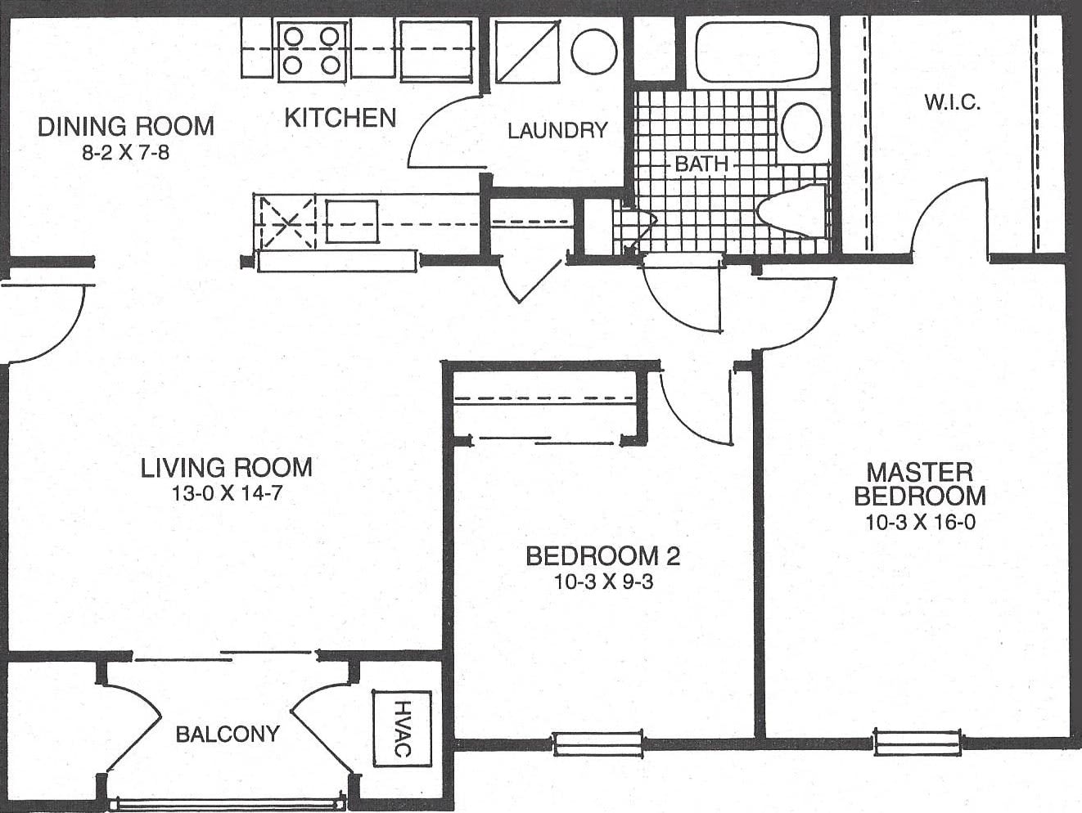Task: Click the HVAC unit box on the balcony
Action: click(x=402, y=728)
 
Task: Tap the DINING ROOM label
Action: click(x=126, y=127)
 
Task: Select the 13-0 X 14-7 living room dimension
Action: click(x=227, y=493)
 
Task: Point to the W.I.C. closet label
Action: click(x=953, y=102)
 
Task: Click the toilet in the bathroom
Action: click(x=791, y=209)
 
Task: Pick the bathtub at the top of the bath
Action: click(x=757, y=52)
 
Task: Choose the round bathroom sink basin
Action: click(x=801, y=128)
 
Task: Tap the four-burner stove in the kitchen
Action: click(x=312, y=52)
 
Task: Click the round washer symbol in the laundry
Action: click(x=594, y=52)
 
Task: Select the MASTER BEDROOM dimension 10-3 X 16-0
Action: click(x=920, y=523)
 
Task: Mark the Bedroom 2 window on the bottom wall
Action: click(x=597, y=744)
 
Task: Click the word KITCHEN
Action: click(x=340, y=118)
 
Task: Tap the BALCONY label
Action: click(x=228, y=734)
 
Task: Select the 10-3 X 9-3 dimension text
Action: click(x=604, y=582)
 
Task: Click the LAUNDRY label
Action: click(x=558, y=131)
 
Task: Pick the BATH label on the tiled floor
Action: click(x=701, y=164)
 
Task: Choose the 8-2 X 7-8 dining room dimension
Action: click(x=126, y=153)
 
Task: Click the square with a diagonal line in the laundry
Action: click(x=527, y=52)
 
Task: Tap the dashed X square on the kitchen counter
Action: click(x=287, y=222)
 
